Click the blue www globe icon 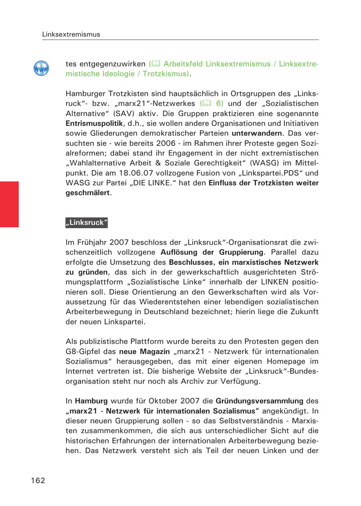(x=41, y=69)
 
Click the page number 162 (x=38, y=480)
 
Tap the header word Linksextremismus (x=71, y=34)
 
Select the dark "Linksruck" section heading (x=87, y=223)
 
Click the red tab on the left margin (x=9, y=204)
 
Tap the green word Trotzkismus (x=165, y=74)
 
